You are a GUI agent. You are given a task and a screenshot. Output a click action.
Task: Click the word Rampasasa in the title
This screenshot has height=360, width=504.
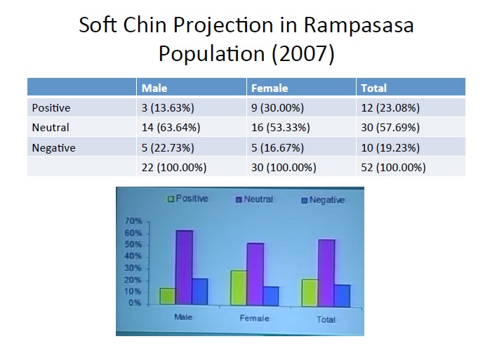pos(359,26)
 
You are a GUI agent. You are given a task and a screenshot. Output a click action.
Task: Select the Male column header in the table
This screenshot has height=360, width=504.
pos(154,88)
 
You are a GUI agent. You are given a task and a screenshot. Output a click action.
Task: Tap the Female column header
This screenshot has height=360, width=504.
pos(269,88)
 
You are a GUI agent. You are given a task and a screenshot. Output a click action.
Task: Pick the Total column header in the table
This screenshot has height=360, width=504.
pos(373,88)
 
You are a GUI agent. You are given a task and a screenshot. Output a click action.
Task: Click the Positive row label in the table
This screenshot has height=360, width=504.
pos(51,107)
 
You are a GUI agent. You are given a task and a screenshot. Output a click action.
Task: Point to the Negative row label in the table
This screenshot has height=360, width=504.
pos(53,148)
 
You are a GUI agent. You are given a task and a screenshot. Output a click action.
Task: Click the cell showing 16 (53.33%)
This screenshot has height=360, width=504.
pos(281,128)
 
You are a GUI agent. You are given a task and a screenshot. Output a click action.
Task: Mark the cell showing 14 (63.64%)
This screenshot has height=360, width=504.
pos(171,128)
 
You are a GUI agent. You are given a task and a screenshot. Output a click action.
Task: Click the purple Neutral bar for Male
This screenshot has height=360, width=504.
pos(184,267)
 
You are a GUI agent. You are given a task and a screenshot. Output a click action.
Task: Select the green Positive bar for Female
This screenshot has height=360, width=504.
pos(239,288)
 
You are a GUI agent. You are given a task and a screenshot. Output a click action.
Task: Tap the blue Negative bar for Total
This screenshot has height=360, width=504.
pos(342,295)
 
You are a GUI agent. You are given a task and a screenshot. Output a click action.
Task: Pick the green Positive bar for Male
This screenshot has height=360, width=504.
pos(167,295)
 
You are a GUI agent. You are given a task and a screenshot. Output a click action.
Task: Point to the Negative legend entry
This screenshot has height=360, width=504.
pos(323,201)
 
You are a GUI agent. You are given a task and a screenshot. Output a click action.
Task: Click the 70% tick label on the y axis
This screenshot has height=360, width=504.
pos(134,221)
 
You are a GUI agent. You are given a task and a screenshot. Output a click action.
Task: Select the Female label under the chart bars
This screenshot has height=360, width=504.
pos(254,318)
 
